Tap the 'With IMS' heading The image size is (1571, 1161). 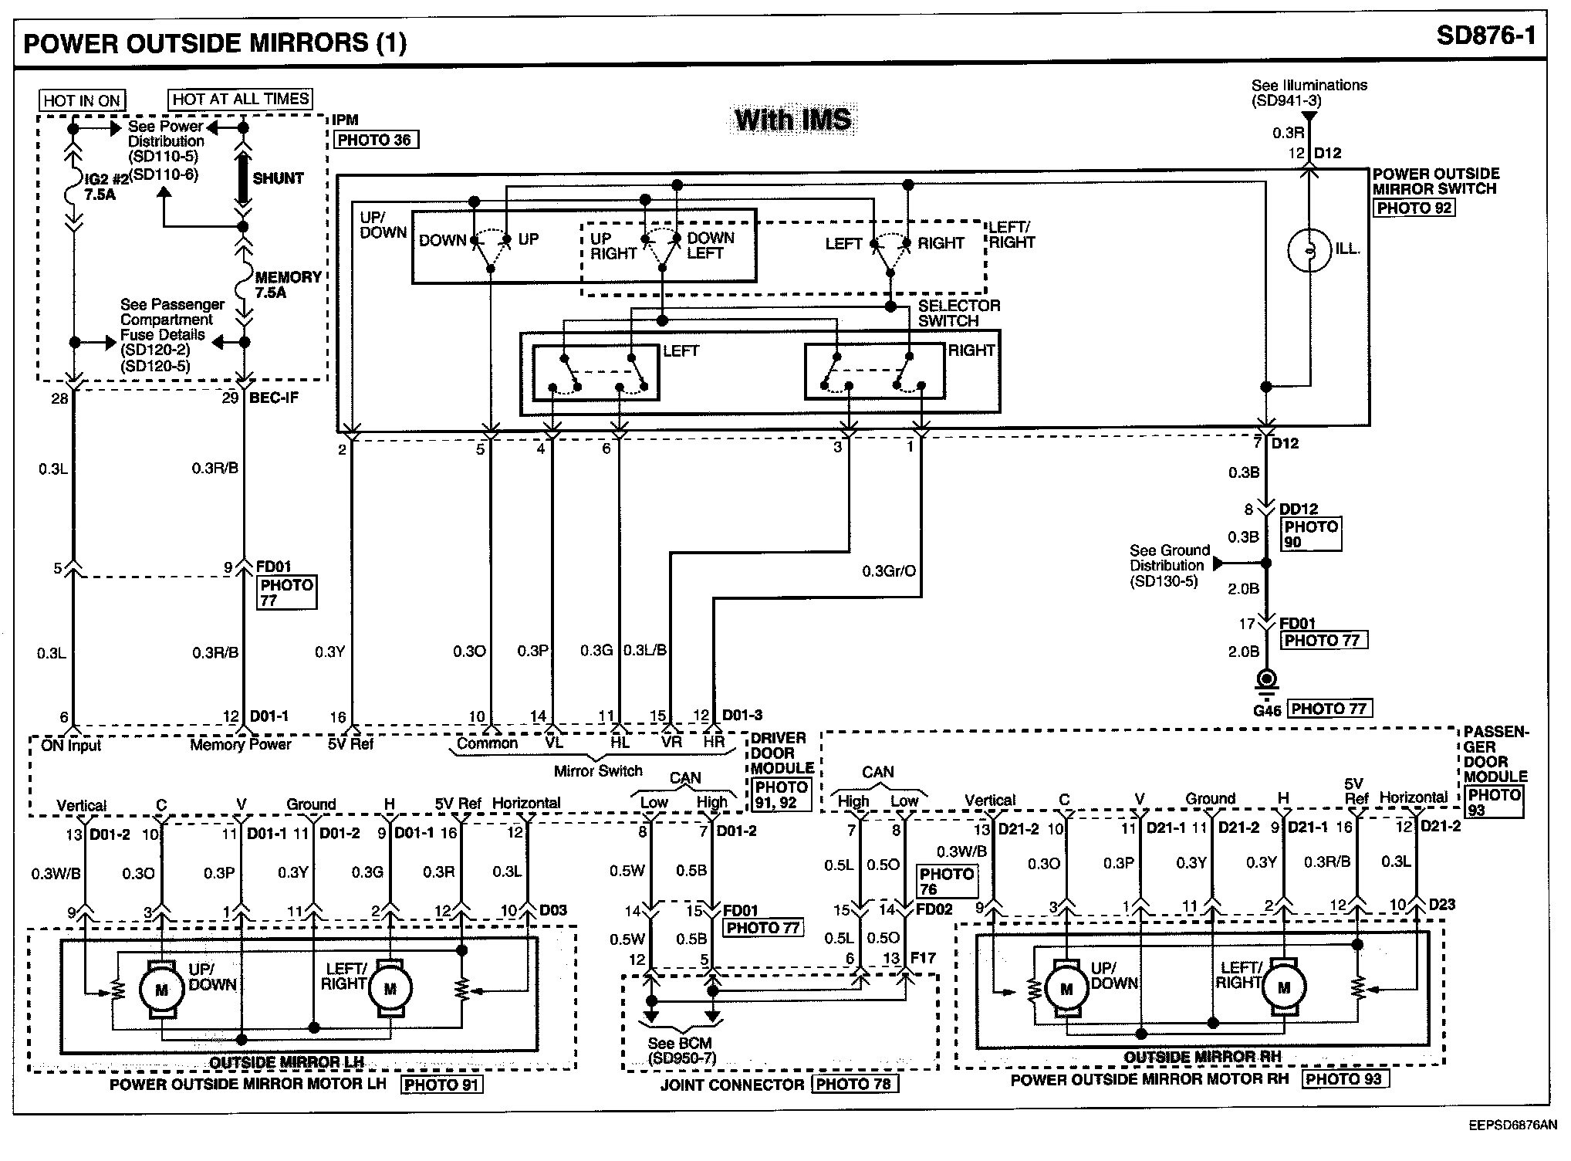(x=792, y=120)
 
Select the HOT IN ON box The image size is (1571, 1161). (x=82, y=100)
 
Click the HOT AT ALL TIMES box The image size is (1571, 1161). (x=241, y=99)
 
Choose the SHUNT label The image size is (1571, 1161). (x=278, y=178)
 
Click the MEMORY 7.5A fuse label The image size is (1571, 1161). (x=287, y=285)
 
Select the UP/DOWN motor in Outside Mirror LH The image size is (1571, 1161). (x=161, y=990)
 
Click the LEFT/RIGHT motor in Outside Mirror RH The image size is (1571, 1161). (x=1284, y=987)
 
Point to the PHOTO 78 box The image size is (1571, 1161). (x=853, y=1084)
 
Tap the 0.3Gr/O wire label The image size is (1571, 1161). (x=889, y=571)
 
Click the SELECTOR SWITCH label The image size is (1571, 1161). (x=958, y=313)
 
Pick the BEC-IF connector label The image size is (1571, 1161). (x=274, y=398)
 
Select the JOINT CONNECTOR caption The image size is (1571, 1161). (x=732, y=1085)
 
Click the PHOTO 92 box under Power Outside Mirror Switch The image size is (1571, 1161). (x=1414, y=208)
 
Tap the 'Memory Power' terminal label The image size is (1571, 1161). (x=241, y=744)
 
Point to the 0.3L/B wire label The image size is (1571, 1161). (x=645, y=650)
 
